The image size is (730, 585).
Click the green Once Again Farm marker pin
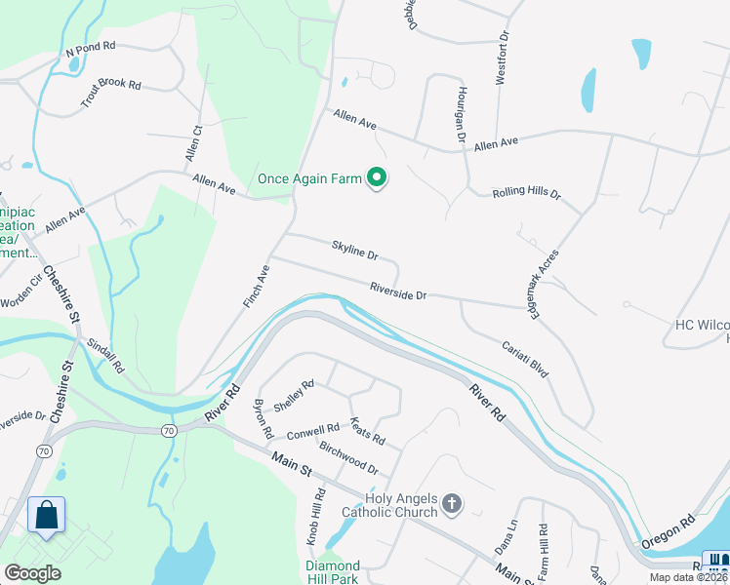377,177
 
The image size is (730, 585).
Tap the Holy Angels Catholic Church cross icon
451,504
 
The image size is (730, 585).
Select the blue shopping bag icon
46,515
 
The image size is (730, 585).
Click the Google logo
33,573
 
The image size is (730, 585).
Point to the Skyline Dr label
354,250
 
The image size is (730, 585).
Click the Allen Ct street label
193,143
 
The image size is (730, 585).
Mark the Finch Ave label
256,287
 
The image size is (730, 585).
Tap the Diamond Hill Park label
333,572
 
